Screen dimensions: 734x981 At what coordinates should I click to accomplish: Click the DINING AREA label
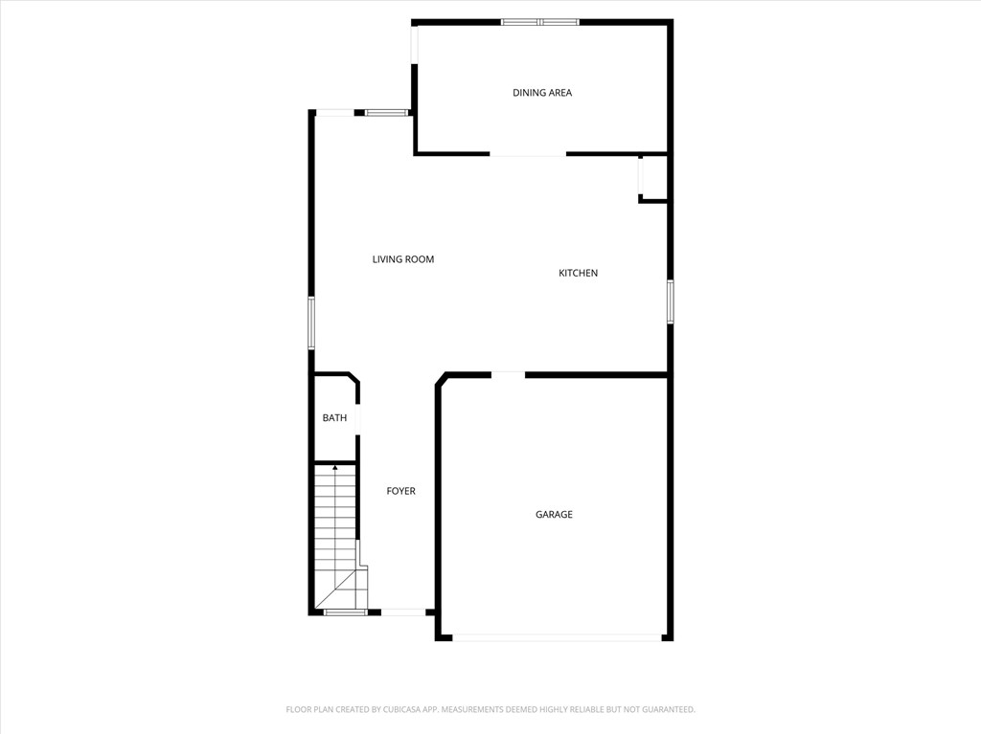[542, 93]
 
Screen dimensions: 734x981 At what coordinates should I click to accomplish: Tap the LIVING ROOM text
[403, 259]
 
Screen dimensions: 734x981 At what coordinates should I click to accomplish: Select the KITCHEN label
[578, 274]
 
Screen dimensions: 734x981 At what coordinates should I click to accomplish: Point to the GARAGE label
[554, 515]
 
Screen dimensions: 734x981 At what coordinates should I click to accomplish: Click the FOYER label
[400, 491]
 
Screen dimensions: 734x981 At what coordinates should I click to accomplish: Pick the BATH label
[334, 418]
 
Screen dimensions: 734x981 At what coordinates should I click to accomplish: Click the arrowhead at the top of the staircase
[334, 467]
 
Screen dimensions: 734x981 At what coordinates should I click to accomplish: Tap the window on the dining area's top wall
[540, 21]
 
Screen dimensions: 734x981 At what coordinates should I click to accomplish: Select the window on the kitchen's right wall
[670, 301]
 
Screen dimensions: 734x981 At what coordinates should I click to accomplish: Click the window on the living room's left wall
[310, 323]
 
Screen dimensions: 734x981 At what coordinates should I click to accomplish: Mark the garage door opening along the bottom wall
[557, 636]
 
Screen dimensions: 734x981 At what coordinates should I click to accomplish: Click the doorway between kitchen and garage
[508, 374]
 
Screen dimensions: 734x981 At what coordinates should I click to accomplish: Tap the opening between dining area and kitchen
[528, 153]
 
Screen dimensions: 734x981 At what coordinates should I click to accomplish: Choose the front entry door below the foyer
[403, 612]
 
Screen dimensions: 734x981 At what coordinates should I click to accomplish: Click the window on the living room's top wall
[387, 113]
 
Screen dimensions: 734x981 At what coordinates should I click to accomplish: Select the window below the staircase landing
[345, 612]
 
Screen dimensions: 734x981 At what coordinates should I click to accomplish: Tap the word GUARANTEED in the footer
[662, 709]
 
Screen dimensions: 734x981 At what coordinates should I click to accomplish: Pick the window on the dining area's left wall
[415, 44]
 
